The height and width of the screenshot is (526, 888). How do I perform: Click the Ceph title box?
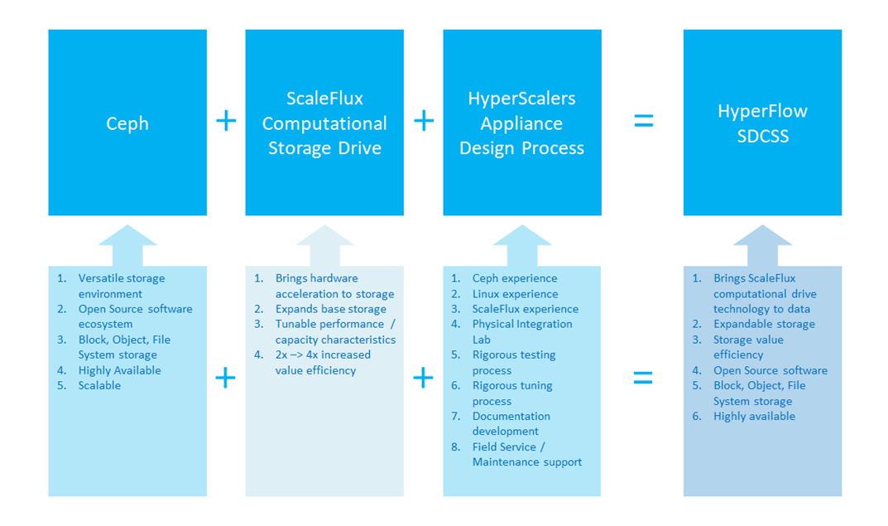(127, 123)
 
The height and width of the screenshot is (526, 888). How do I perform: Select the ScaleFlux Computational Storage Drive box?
(324, 123)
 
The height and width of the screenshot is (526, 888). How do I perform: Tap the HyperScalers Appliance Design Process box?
(522, 123)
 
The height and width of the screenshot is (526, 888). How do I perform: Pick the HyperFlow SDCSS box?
(762, 123)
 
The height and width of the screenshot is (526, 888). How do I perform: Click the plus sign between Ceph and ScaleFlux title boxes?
(226, 121)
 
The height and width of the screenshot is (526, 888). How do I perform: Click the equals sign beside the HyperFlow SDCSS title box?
(643, 121)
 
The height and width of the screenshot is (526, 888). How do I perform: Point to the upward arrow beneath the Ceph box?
(127, 245)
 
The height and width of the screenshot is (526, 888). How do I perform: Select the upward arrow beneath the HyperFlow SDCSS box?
(762, 245)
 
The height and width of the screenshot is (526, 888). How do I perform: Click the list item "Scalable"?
(99, 385)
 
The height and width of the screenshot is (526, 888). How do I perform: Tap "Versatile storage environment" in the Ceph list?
(121, 286)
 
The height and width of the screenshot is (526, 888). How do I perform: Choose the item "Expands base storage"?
(331, 309)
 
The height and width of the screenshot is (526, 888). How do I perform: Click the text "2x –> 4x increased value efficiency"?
(323, 362)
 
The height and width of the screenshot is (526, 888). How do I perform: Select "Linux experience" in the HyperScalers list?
(515, 293)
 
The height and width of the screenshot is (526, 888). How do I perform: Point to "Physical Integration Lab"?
(522, 331)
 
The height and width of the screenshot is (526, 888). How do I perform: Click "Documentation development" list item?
(511, 423)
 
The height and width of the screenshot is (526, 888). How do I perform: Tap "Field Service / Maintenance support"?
(526, 454)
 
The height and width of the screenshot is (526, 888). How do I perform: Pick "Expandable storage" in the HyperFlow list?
(764, 324)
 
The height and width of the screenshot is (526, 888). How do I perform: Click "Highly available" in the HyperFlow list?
(754, 416)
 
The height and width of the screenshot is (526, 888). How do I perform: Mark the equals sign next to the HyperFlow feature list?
(643, 378)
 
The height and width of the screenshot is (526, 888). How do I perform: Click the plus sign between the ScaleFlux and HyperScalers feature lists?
(423, 378)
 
